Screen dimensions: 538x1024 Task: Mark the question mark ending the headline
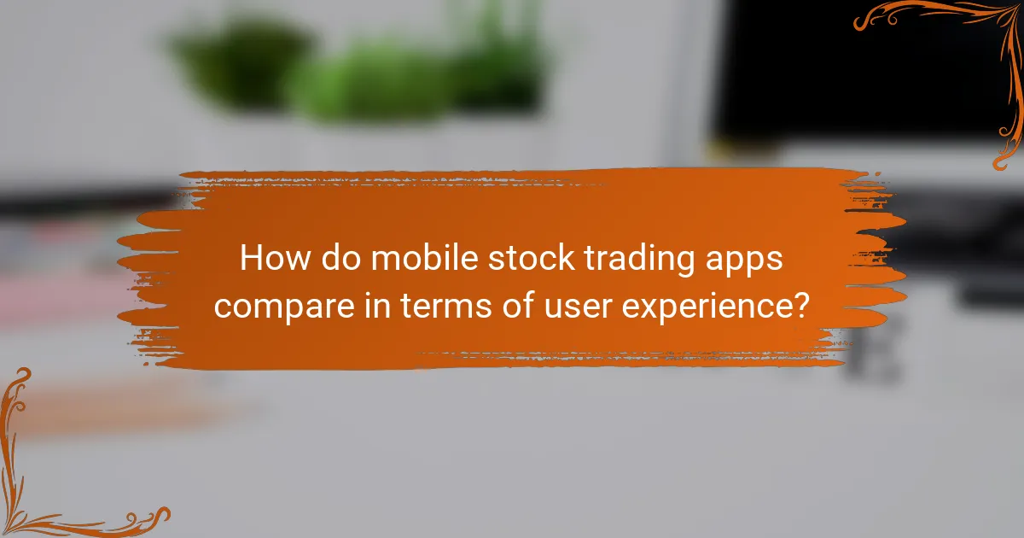801,304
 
